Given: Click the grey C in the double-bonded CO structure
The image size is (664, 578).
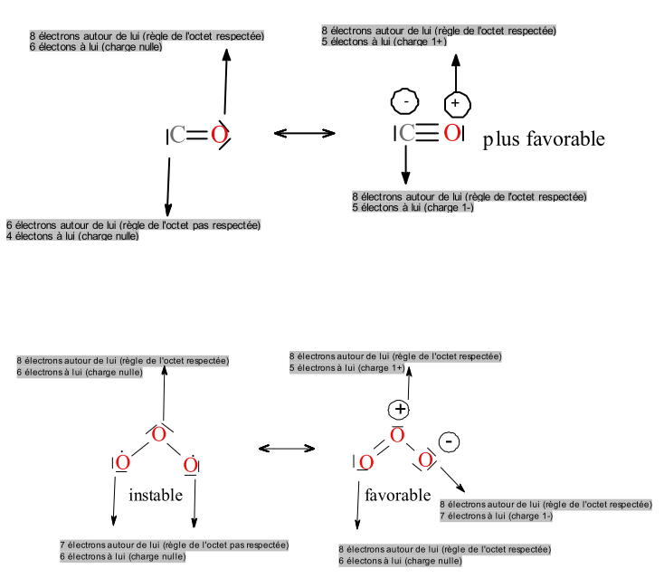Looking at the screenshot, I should click(178, 136).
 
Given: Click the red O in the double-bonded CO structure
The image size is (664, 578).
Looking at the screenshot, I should click(218, 136).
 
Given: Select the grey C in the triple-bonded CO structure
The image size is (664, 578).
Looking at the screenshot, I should click(407, 134).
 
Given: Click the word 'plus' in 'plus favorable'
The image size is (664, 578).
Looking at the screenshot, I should click(500, 139).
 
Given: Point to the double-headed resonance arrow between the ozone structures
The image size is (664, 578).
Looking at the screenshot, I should click(287, 448).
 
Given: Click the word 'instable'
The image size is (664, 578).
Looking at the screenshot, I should click(156, 496).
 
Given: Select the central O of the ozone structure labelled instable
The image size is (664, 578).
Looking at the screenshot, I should click(158, 435).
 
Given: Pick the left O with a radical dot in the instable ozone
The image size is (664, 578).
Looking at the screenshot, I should click(123, 464).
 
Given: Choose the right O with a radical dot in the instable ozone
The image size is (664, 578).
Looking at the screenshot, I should click(190, 465).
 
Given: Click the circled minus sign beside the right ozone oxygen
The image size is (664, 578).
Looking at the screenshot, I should click(450, 441).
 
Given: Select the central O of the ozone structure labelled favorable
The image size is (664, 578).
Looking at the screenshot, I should click(396, 435).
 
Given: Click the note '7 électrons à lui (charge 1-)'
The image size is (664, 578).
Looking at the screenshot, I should click(496, 516).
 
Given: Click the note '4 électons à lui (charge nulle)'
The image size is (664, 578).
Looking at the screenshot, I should click(72, 236).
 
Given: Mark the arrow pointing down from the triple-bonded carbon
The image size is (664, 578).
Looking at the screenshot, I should click(405, 164).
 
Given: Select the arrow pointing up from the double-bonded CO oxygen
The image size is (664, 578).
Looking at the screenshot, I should click(225, 82).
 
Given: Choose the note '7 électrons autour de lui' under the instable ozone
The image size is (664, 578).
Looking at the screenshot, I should click(174, 545).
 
